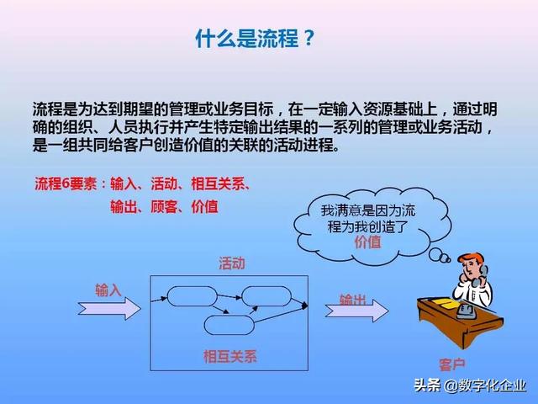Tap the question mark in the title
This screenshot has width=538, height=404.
(308, 38)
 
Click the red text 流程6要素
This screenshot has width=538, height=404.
(66, 183)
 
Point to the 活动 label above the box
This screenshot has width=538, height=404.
(232, 263)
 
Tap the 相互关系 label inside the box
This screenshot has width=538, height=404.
(229, 356)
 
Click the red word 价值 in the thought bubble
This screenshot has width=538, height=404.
(367, 242)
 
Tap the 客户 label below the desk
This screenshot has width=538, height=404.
(451, 364)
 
